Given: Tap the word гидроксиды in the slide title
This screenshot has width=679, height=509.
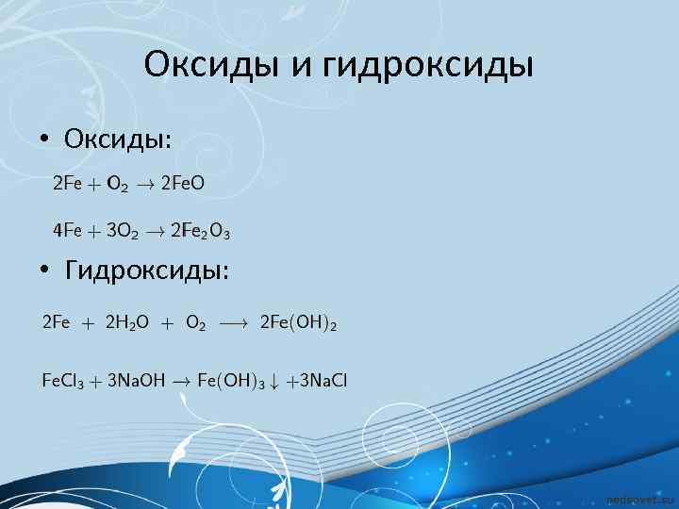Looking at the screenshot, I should pos(428,65).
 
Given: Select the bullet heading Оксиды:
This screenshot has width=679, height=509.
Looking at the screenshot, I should pos(118,140).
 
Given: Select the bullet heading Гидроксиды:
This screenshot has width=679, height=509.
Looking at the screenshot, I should pos(146,271).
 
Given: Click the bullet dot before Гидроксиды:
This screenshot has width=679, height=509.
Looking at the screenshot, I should pos(44,272).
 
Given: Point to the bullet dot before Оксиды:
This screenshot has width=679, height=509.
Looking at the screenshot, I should pos(44,140).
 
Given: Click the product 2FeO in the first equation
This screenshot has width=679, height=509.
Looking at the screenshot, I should pos(182,184).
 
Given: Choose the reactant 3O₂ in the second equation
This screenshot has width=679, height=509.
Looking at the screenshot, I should pos(123,230).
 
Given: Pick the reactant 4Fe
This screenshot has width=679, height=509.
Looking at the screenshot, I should pos(65,230).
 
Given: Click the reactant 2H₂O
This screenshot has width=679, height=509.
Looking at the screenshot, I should pos(126,323).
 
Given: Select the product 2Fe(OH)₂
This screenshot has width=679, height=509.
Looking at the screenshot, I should pos(298,323).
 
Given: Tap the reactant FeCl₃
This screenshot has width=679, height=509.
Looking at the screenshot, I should pos(62,381).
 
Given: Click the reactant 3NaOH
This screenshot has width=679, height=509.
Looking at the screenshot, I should pos(136,381).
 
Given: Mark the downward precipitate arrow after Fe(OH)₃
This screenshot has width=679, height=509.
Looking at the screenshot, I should pos(275,381).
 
